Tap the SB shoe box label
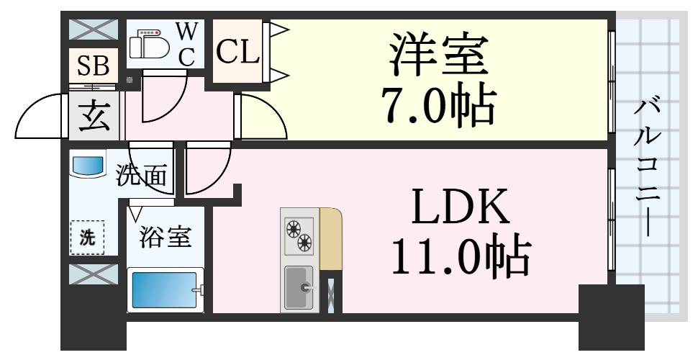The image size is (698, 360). tap(93, 66)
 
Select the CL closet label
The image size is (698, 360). tap(237, 53)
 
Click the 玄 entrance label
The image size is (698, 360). tap(94, 115)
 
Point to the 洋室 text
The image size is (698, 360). tap(435, 53)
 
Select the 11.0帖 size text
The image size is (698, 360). tap(460, 255)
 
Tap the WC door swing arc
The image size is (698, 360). tap(162, 101)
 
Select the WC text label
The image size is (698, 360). tap(186, 45)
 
